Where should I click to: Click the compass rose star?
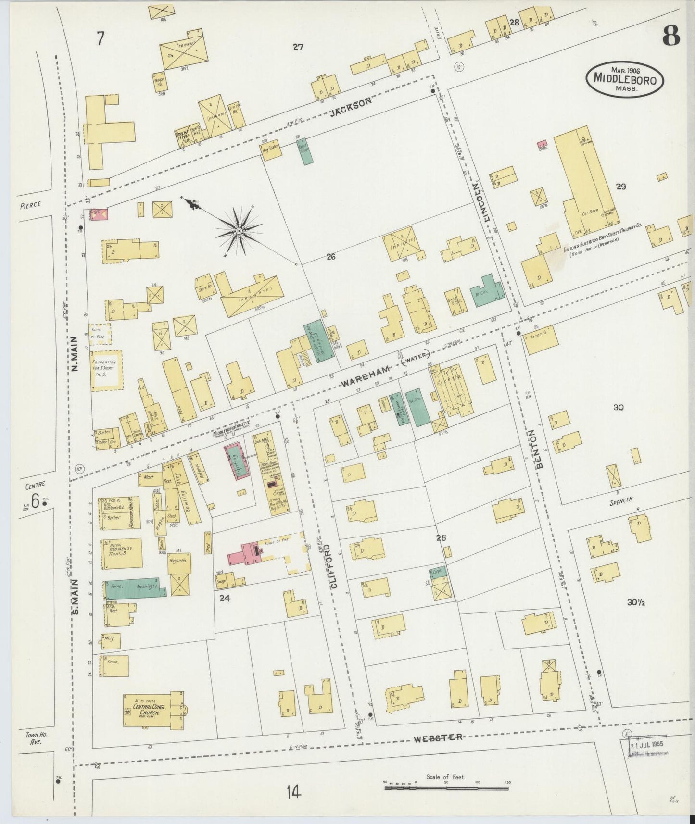coord(239,232)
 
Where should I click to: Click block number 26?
coord(330,256)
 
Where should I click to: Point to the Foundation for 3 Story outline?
coord(106,369)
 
